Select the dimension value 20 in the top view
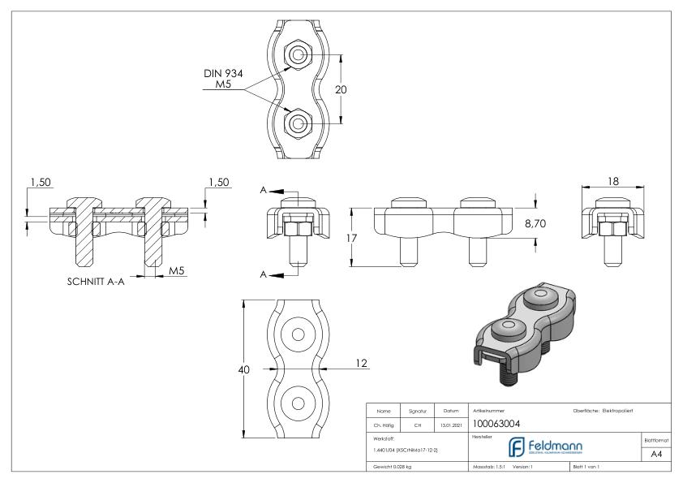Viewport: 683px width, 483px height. click(341, 90)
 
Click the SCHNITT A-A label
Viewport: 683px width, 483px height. click(100, 284)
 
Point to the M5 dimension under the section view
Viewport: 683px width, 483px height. click(175, 270)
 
